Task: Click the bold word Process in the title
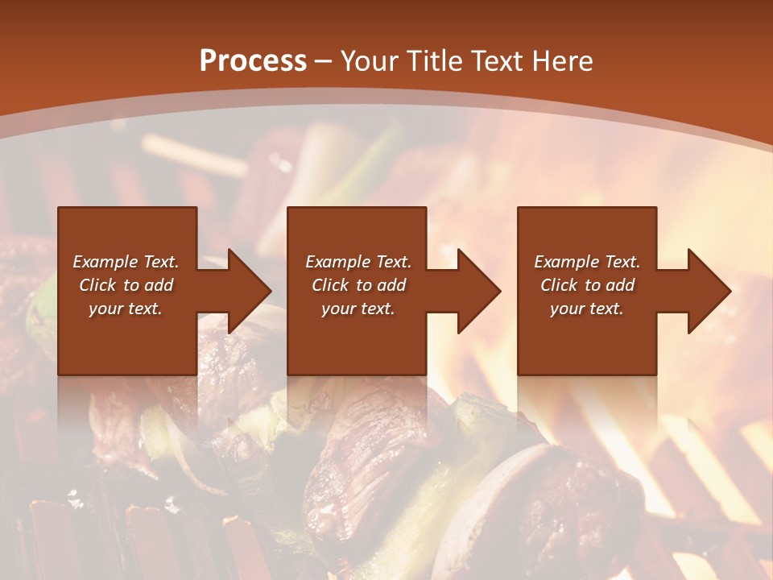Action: (x=253, y=61)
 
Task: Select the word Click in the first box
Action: (x=97, y=285)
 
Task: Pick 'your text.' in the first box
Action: (x=126, y=309)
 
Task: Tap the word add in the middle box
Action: (x=391, y=285)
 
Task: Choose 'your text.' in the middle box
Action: (x=358, y=309)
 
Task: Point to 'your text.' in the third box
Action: (x=587, y=309)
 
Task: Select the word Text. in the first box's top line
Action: (x=161, y=262)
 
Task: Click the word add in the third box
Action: (x=620, y=285)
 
